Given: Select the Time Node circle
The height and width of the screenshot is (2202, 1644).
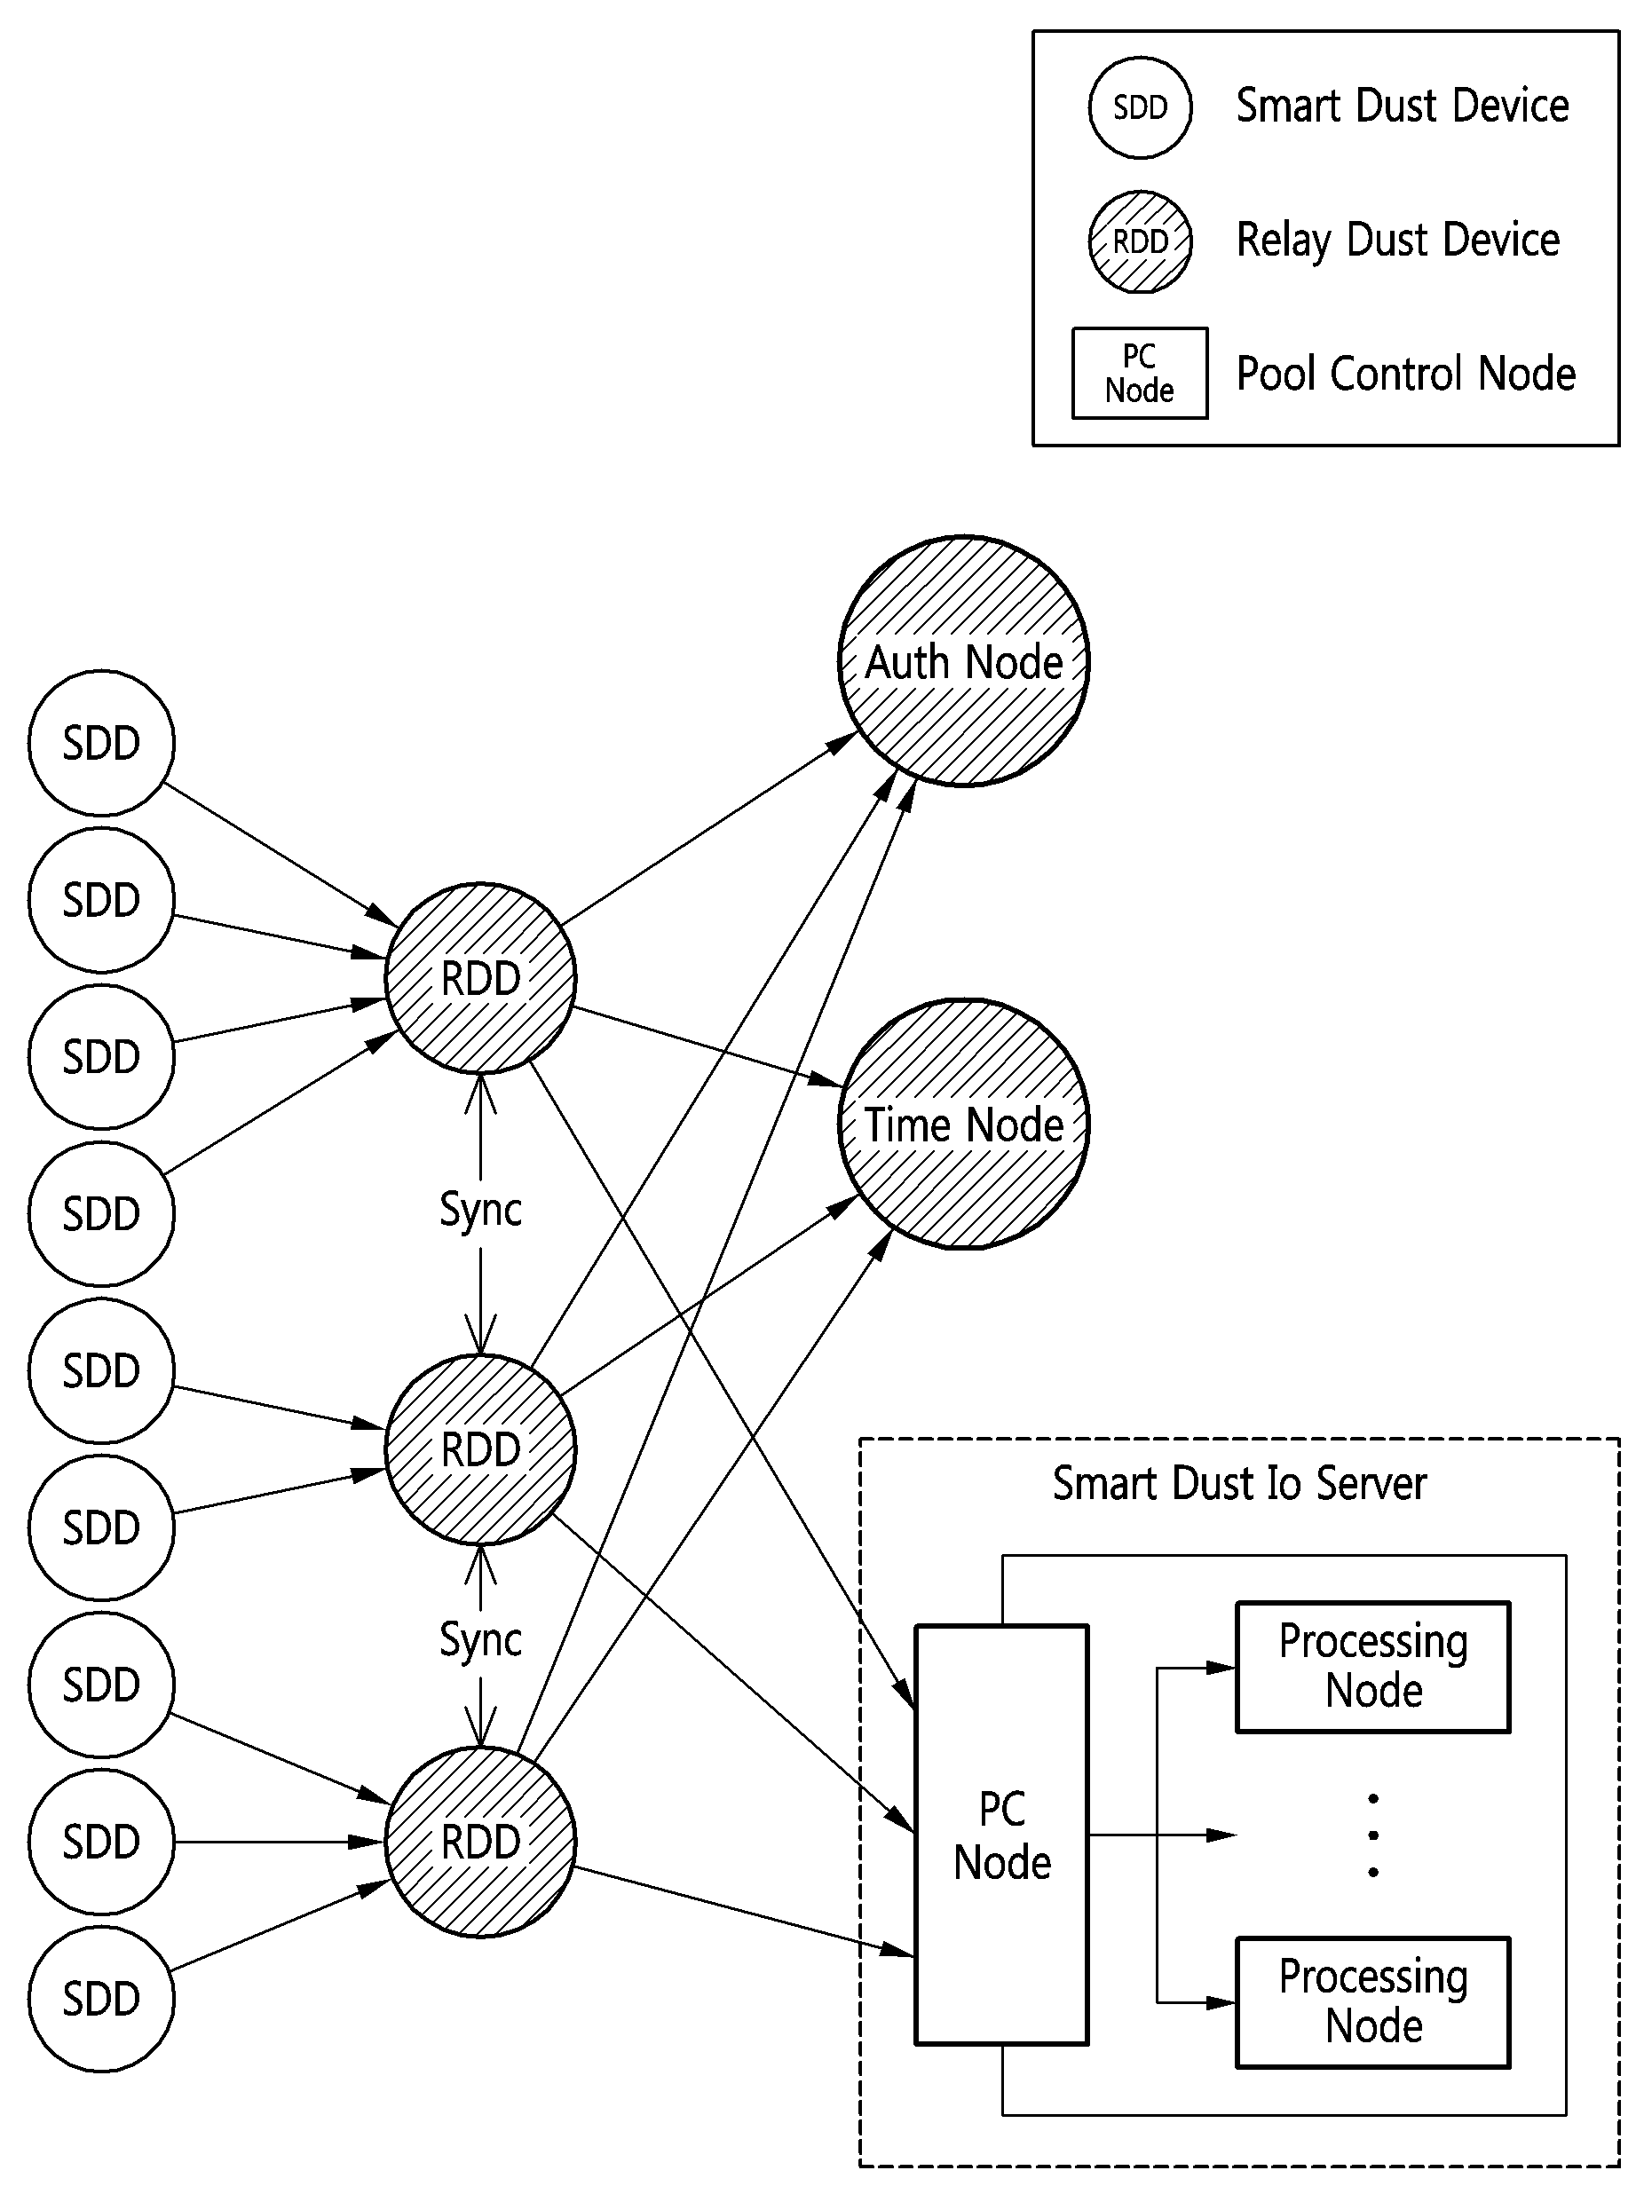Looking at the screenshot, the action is pyautogui.click(x=963, y=1124).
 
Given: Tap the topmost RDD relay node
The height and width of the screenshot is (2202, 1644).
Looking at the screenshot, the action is pyautogui.click(x=480, y=978).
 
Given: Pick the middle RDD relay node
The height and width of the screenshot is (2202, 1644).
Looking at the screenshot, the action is pyautogui.click(x=480, y=1449).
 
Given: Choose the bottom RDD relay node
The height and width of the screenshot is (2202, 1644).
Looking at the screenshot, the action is pyautogui.click(x=480, y=1842).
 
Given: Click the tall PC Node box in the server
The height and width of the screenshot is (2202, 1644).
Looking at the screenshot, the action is pyautogui.click(x=1002, y=1835).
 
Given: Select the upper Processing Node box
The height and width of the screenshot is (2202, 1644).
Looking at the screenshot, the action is pyautogui.click(x=1373, y=1667).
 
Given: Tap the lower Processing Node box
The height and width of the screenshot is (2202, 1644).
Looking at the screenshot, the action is pyautogui.click(x=1373, y=2002).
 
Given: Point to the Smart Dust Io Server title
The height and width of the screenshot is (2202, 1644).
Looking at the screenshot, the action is pyautogui.click(x=1239, y=1484).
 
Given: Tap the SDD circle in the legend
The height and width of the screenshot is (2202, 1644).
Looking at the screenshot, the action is pyautogui.click(x=1140, y=107).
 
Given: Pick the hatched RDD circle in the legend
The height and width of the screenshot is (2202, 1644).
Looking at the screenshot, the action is pyautogui.click(x=1140, y=241).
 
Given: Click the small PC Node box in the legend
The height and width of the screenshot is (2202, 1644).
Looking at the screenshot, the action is pyautogui.click(x=1140, y=373).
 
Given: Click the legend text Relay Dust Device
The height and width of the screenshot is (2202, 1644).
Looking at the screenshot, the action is pyautogui.click(x=1397, y=241).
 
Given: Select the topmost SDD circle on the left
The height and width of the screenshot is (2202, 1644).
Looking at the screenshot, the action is pyautogui.click(x=101, y=743).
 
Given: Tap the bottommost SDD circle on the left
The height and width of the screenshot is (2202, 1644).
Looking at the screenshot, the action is pyautogui.click(x=101, y=1999).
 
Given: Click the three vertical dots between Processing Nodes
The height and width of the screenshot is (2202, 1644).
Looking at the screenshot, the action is pyautogui.click(x=1373, y=1835).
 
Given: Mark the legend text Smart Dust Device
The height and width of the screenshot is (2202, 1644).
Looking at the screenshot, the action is pyautogui.click(x=1403, y=106).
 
